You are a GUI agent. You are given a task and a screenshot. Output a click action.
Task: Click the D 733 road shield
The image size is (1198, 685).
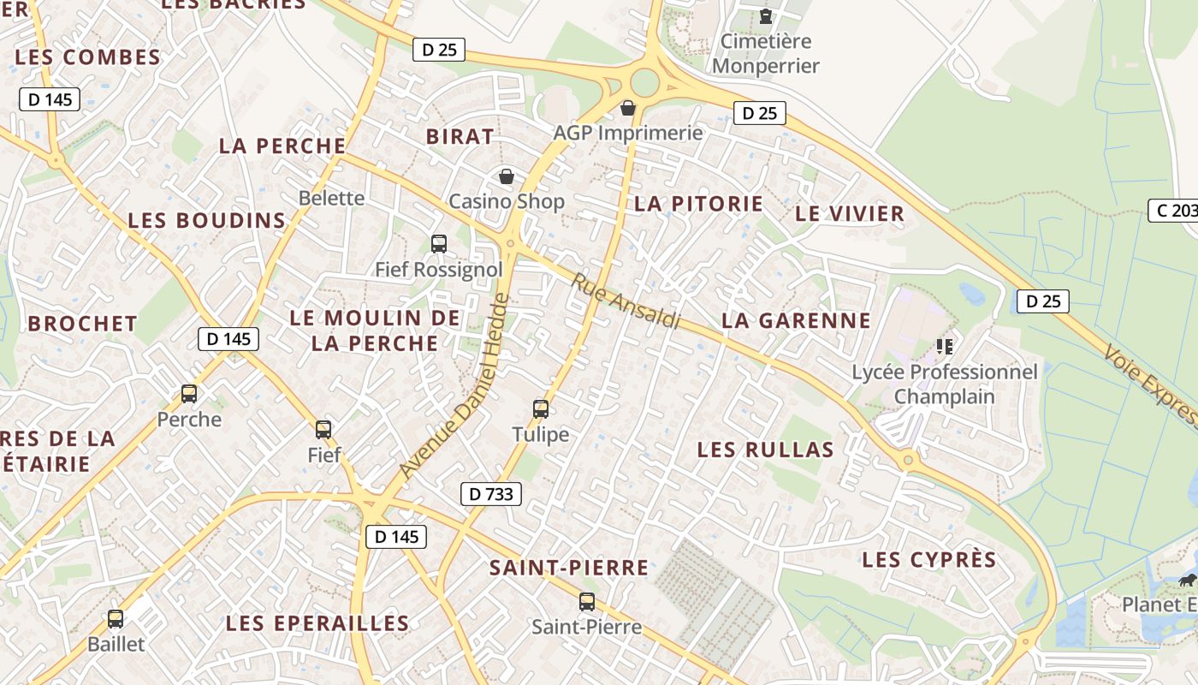point(491,494)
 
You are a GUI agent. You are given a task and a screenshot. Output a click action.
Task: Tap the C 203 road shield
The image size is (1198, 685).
point(1173,211)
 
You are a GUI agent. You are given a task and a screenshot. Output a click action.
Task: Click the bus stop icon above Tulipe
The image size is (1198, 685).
point(541,409)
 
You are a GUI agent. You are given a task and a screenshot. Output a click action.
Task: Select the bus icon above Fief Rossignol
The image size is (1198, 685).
point(439,244)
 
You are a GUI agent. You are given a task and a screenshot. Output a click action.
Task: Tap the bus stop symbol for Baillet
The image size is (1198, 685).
point(116,618)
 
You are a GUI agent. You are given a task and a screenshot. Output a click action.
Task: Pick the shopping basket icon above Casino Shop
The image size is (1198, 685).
point(507,176)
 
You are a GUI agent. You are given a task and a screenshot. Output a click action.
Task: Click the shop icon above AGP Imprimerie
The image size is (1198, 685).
point(628,108)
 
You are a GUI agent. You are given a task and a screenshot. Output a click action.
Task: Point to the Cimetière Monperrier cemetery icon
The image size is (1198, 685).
point(766,15)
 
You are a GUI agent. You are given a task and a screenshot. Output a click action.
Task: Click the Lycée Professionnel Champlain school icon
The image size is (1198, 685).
point(945,347)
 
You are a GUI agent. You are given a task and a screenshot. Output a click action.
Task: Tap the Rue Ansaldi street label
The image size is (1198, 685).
point(626,301)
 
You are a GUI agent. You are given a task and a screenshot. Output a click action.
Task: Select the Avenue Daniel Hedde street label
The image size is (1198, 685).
point(454,386)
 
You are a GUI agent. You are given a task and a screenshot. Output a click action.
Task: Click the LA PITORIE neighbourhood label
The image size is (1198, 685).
point(698,204)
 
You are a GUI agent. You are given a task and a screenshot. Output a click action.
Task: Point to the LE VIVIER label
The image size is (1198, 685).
point(850,214)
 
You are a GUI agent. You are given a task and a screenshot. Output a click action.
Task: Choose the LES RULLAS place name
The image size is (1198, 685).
point(765,450)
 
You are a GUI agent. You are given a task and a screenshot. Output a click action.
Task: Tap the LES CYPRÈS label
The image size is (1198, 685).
point(929,560)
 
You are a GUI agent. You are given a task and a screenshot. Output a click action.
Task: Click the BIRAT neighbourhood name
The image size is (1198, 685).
point(460,137)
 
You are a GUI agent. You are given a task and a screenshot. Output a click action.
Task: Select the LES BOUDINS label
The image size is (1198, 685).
point(206,221)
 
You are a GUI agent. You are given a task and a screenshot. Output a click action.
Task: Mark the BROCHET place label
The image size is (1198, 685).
point(82,324)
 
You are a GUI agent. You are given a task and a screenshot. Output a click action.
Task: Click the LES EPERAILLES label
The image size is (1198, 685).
point(317,623)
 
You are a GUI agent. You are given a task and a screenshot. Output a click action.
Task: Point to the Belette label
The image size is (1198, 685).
point(331,199)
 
